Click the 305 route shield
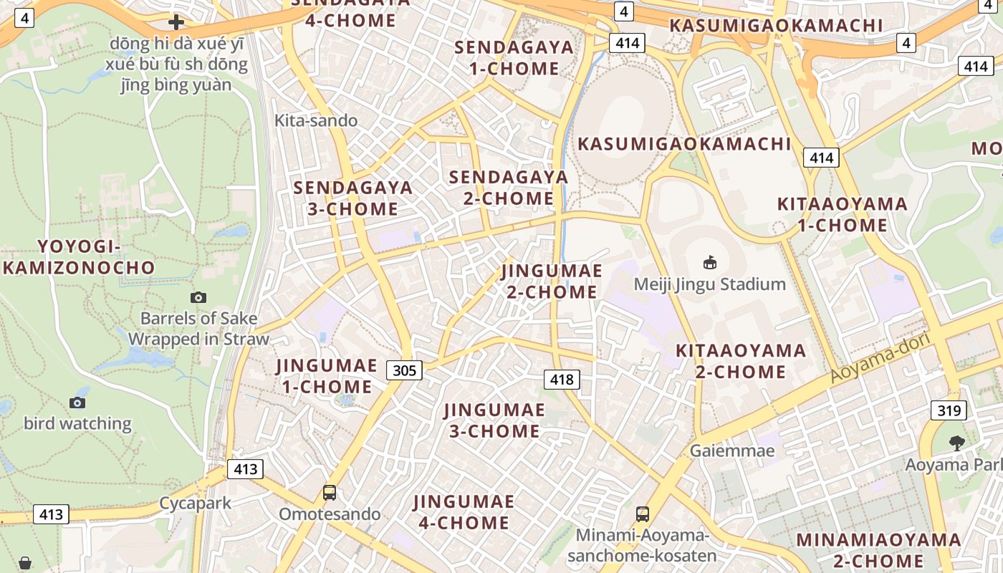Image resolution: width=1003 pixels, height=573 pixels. (404, 370)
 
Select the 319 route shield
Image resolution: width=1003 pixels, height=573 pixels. (949, 410)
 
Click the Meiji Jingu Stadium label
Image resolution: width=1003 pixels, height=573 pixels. (709, 284)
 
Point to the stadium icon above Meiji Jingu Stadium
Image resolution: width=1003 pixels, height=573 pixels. (709, 263)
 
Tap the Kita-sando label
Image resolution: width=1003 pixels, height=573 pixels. (316, 120)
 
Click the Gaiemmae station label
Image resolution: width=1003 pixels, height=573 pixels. (732, 451)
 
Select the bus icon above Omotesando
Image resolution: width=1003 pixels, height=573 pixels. (330, 493)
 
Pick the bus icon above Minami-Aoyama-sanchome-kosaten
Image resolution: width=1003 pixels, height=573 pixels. (643, 514)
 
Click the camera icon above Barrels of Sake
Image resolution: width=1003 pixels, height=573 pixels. (198, 297)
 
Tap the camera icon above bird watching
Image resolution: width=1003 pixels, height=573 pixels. (77, 403)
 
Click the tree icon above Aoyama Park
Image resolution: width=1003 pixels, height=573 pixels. (956, 443)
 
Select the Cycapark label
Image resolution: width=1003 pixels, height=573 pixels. (195, 503)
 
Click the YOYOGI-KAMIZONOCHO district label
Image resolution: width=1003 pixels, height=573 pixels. (79, 257)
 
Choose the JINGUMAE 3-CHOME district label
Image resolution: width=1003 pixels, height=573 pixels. (494, 420)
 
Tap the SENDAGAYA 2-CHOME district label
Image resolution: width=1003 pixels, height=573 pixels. (509, 188)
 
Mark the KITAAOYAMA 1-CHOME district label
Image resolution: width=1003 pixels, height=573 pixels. (843, 215)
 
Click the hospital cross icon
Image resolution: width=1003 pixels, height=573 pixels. (176, 22)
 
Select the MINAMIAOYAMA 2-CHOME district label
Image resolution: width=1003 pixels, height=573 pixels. (879, 549)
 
